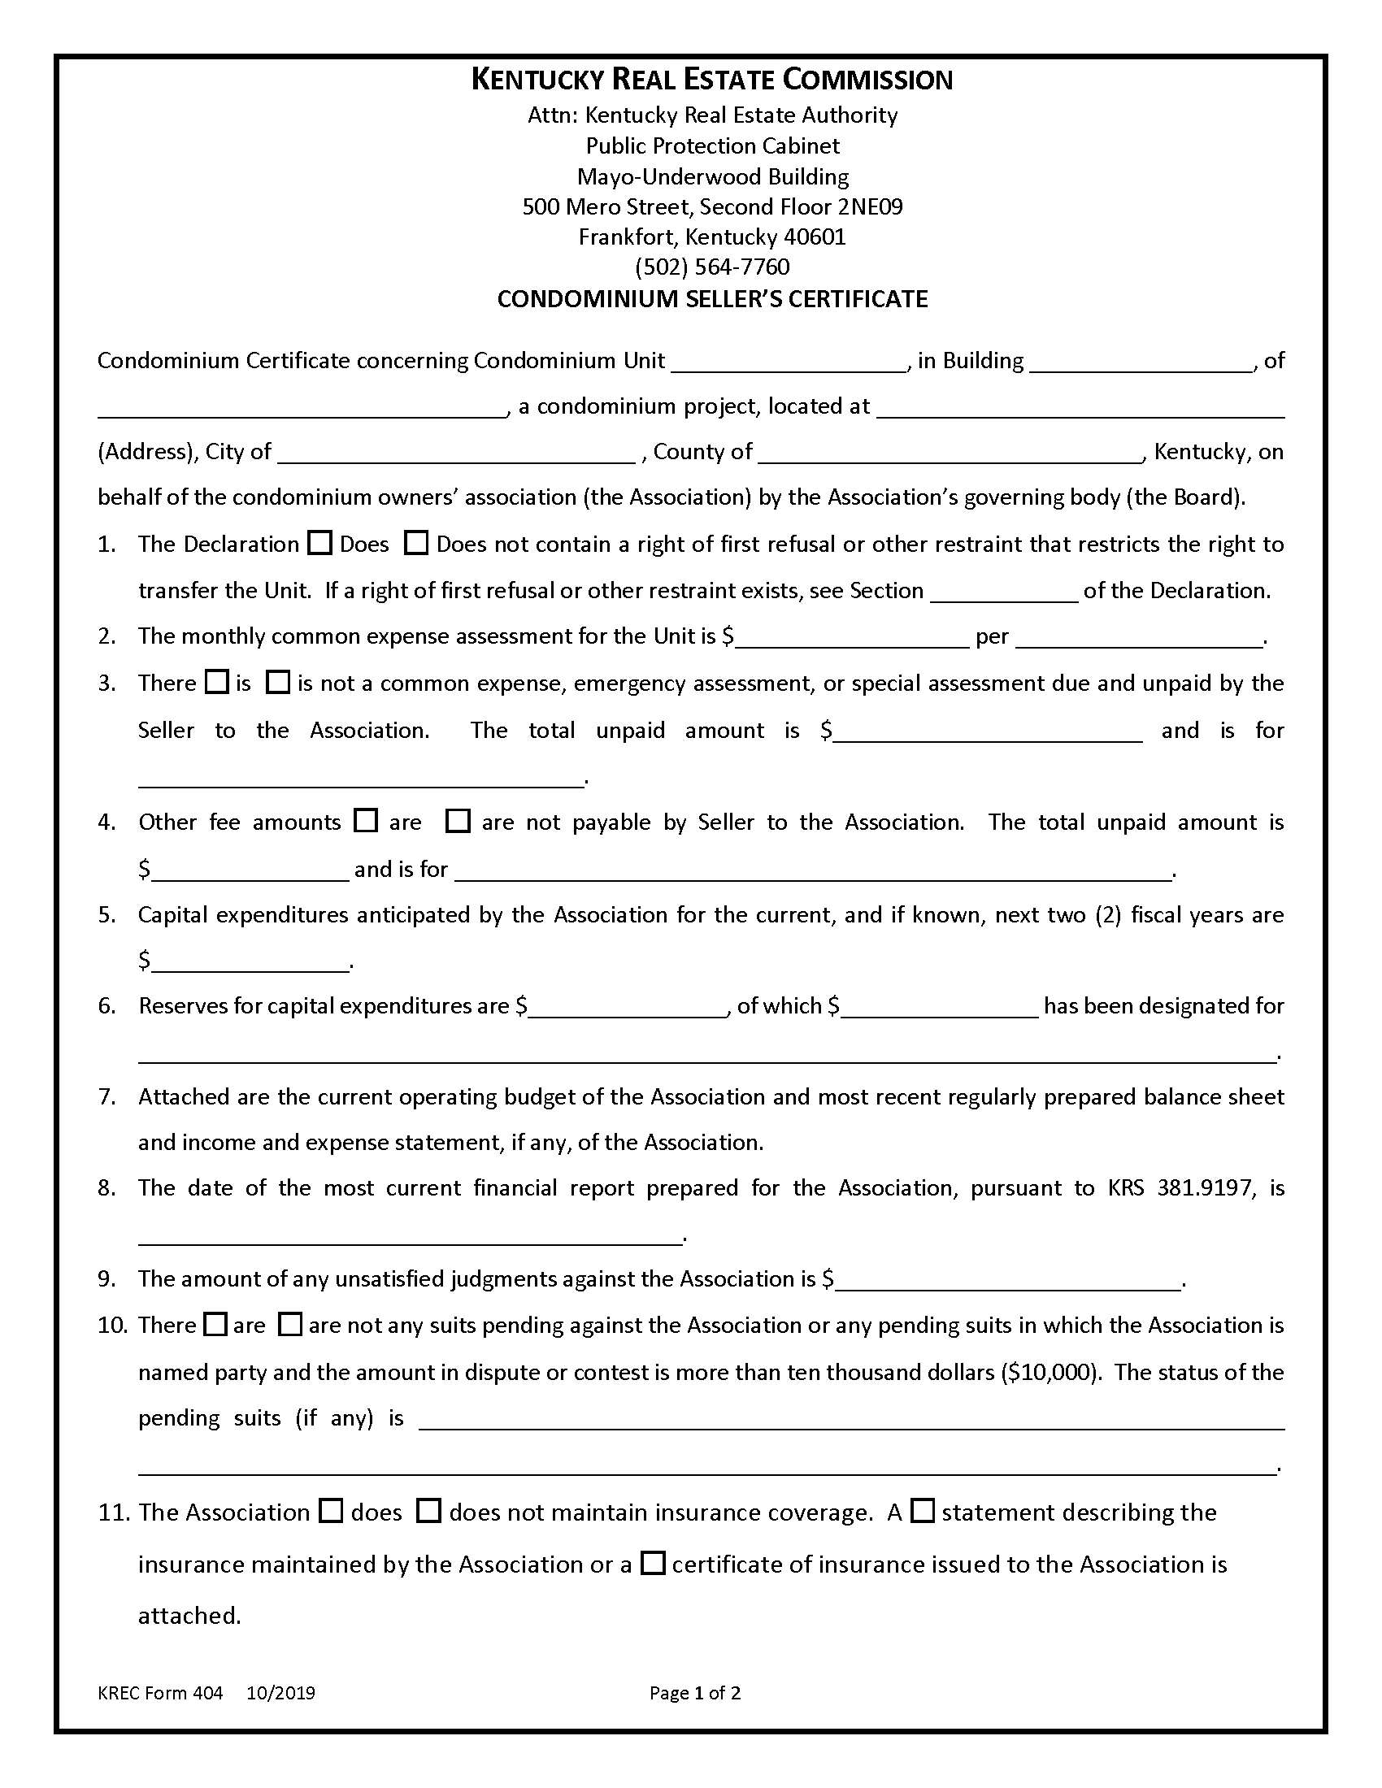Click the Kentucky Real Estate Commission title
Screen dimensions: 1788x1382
tap(711, 80)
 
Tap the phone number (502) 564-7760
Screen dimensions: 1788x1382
tap(712, 267)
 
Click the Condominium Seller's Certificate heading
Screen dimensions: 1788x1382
tap(712, 299)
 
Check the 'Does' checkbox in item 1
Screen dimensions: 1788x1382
tap(319, 544)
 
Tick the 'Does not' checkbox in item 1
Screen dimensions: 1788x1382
tap(417, 544)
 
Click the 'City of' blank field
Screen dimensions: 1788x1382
tap(456, 454)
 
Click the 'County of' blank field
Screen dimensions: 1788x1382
tap(950, 454)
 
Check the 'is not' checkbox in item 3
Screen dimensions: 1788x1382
tap(278, 682)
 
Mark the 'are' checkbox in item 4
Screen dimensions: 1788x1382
tap(365, 820)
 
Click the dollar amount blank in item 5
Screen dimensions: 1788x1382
tap(250, 961)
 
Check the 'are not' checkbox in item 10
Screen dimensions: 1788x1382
tap(290, 1325)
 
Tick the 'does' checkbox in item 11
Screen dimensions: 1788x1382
tap(331, 1512)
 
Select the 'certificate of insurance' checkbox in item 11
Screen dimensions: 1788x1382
tap(653, 1564)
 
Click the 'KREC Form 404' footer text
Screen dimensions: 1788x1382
tap(160, 1693)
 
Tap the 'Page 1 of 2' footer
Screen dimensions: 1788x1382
tap(695, 1693)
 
